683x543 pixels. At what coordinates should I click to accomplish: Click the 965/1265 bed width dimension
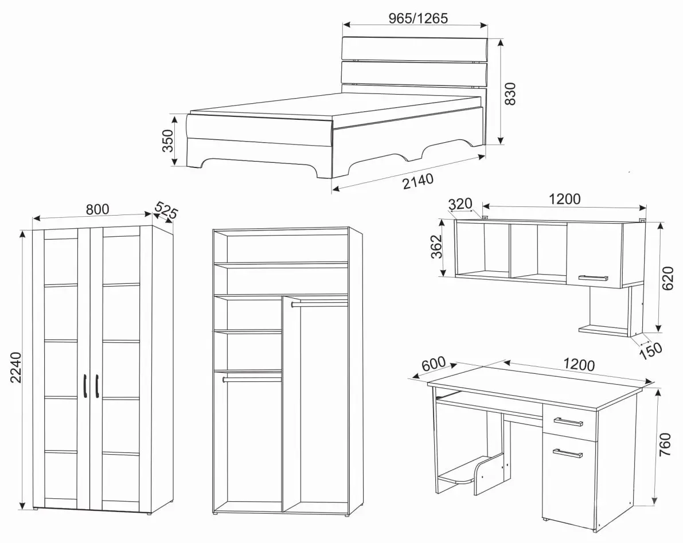[x=417, y=18]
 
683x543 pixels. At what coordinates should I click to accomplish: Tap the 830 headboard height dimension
[x=510, y=93]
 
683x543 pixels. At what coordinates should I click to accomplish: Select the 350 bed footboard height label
[x=167, y=140]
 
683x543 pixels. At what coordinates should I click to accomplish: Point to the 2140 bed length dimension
[x=418, y=181]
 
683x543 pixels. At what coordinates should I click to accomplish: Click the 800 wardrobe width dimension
[x=97, y=209]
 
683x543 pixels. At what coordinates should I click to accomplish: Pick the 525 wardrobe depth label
[x=166, y=210]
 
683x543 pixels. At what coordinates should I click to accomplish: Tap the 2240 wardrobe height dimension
[x=15, y=367]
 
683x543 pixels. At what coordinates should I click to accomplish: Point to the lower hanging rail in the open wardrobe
[x=252, y=380]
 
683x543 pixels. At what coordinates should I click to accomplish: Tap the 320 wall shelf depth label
[x=460, y=204]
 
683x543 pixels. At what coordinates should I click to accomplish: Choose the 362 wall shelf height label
[x=436, y=247]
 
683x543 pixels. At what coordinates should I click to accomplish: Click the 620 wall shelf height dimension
[x=667, y=278]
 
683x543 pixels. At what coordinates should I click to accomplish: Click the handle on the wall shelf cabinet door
[x=593, y=278]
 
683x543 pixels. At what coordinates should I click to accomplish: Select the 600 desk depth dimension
[x=434, y=364]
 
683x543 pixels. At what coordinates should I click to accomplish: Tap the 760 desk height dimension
[x=665, y=444]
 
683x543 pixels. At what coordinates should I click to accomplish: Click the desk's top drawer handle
[x=568, y=421]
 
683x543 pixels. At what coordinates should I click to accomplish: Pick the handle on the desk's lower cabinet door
[x=568, y=453]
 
